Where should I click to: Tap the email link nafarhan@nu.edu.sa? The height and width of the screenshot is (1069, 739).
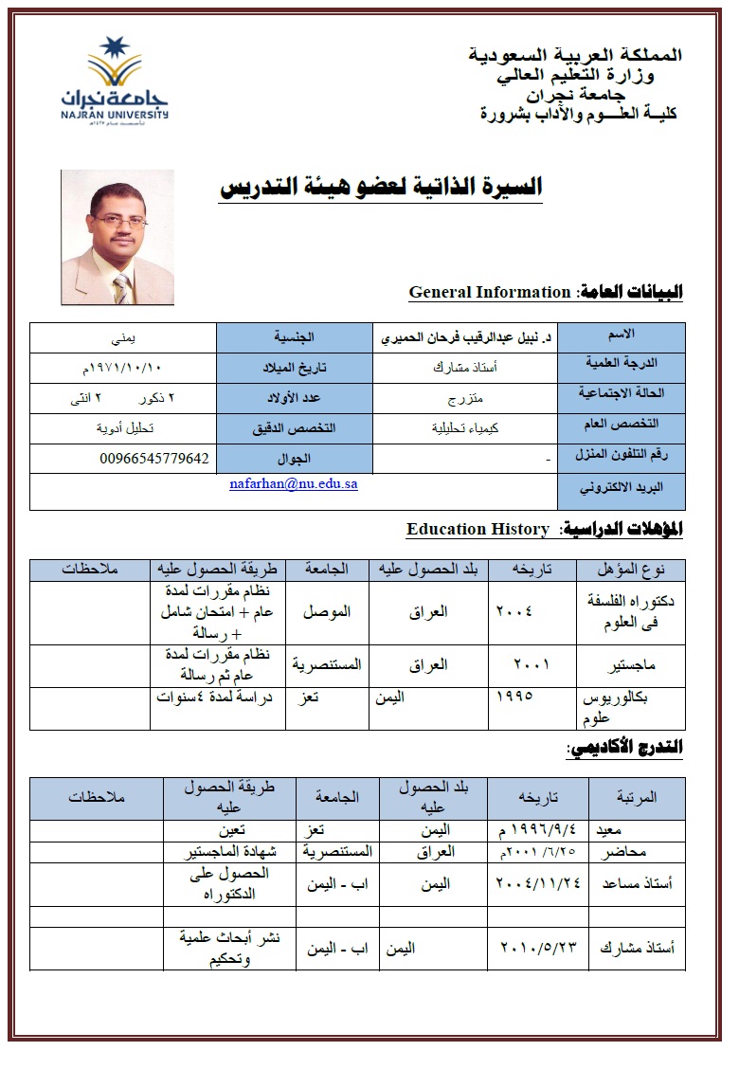(294, 483)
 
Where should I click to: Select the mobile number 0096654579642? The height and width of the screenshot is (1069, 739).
(153, 459)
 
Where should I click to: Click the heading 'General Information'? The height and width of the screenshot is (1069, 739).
(490, 293)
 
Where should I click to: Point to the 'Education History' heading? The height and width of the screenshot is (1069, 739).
(478, 529)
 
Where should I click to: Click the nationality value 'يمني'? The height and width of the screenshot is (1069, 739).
(124, 337)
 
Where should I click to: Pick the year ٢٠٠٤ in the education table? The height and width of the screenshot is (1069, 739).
(514, 611)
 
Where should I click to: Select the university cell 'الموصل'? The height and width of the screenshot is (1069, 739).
(327, 611)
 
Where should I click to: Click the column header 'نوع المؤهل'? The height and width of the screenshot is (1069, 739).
(633, 570)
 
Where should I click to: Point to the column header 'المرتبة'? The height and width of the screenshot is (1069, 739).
(636, 797)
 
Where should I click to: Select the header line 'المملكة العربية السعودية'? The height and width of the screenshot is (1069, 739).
(575, 55)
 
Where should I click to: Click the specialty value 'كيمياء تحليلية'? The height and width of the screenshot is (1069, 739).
(463, 427)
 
